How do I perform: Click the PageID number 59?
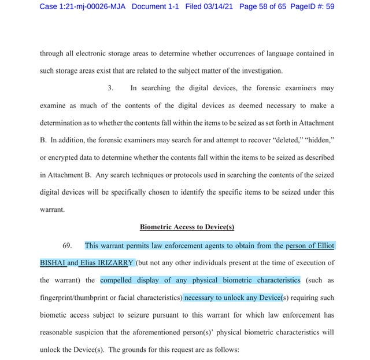[328, 6]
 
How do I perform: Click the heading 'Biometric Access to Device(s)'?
[186, 227]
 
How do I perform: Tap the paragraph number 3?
[110, 89]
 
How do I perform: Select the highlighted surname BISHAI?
[53, 262]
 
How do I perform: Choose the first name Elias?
[87, 262]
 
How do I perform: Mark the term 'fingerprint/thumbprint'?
[73, 299]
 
